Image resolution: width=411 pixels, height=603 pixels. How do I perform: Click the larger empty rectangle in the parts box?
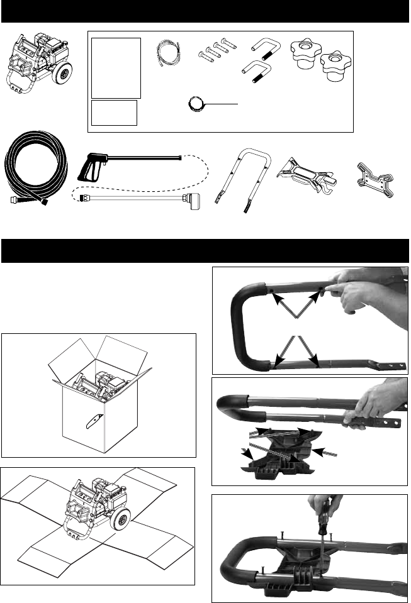point(116,67)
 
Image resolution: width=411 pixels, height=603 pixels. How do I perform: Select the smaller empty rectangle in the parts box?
point(115,112)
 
